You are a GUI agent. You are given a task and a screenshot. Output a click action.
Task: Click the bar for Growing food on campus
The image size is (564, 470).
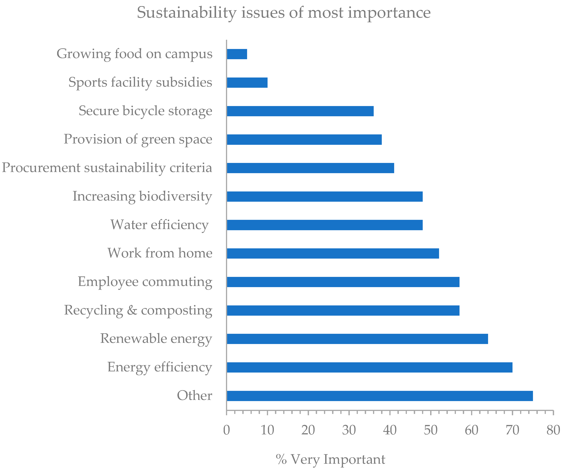coord(237,54)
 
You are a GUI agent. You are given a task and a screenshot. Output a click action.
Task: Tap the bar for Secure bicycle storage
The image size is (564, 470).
coord(300,111)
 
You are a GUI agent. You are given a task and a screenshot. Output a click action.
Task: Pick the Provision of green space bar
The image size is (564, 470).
coord(304,140)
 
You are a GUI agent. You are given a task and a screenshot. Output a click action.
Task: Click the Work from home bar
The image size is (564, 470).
coord(333,253)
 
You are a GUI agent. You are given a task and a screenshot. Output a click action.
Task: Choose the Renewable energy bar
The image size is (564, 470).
coord(357,339)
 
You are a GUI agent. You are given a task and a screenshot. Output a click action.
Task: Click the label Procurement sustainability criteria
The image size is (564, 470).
coord(107,168)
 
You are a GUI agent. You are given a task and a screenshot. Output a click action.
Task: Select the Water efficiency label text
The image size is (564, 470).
coord(159,225)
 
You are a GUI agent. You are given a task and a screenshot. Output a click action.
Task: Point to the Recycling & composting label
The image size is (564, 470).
coord(138,310)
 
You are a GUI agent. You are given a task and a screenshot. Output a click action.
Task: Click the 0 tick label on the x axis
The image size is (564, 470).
coord(226,430)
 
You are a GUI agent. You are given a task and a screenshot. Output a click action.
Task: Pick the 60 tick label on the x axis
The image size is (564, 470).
coord(472,430)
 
